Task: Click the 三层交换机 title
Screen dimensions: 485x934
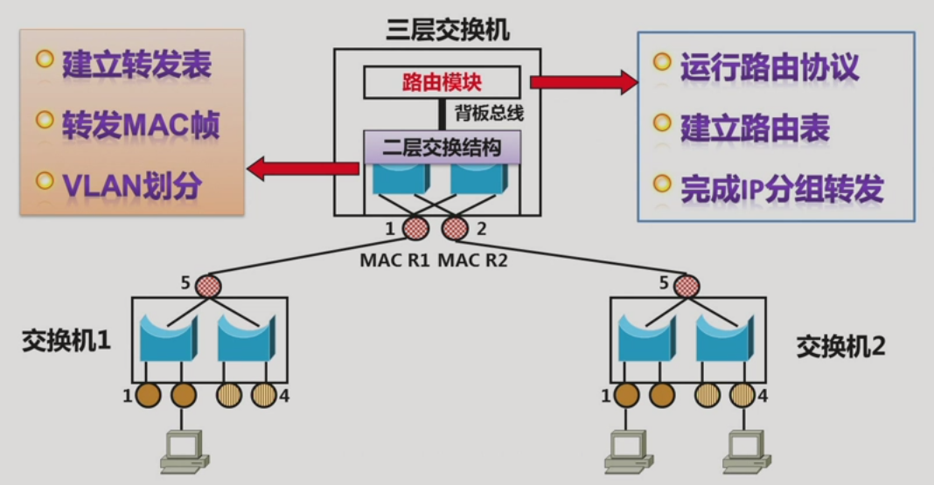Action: pos(448,31)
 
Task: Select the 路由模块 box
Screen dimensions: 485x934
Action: pos(442,83)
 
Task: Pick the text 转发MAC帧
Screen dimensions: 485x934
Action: pos(140,125)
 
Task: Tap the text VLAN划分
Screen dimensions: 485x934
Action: pos(132,184)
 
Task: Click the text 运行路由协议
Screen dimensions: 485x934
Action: pos(770,67)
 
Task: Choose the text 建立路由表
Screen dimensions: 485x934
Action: pos(755,128)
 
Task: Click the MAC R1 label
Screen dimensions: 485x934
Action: pos(394,260)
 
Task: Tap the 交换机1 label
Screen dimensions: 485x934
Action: pos(66,340)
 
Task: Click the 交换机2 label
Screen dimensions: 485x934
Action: pos(840,346)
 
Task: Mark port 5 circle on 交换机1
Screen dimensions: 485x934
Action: pos(207,285)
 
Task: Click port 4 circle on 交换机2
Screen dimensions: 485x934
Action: pos(742,396)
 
